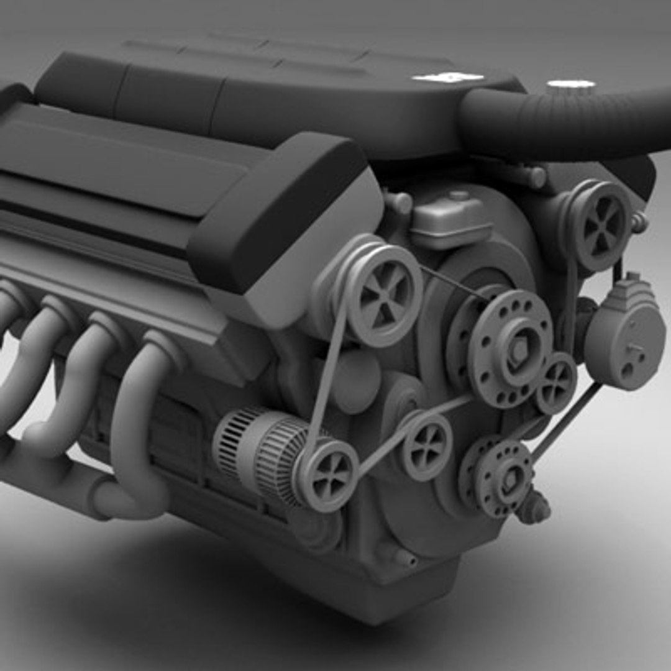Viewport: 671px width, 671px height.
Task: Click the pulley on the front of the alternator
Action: point(327,475)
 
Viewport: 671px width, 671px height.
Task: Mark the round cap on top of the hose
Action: point(570,84)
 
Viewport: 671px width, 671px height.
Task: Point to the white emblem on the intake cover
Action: point(448,77)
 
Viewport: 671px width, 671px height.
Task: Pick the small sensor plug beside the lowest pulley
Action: point(534,506)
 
